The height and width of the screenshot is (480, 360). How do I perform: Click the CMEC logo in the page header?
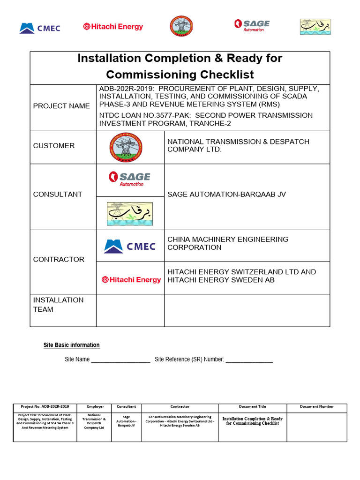point(40,28)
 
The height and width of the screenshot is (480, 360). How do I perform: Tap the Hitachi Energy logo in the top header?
point(113,27)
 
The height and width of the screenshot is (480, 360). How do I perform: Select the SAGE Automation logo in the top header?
point(252,25)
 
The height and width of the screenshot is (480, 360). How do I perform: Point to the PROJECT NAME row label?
point(61,106)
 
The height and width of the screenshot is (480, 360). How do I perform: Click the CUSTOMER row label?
point(54,146)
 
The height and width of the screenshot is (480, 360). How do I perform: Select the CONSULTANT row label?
point(58,194)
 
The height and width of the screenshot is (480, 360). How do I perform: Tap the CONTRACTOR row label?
point(59,259)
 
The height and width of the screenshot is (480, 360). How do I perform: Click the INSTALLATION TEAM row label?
point(59,305)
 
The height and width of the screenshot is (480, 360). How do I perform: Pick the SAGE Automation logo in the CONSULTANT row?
point(130,179)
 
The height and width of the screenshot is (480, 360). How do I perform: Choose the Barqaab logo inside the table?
point(130,213)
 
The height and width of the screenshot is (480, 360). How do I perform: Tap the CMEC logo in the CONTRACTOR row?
point(130,246)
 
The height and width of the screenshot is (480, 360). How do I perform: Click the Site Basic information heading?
point(72,345)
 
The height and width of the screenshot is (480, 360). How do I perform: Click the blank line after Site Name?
point(120,360)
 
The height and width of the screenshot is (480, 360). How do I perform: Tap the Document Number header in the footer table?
point(317,407)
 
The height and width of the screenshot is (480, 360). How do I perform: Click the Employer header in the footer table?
point(96,407)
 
